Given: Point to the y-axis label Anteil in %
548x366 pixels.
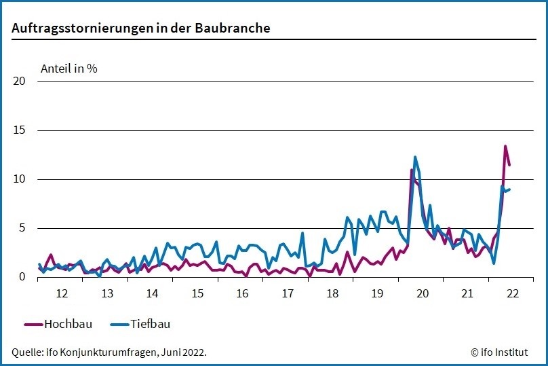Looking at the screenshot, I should coord(69,69).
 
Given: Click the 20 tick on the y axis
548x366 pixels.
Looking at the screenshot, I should coord(19,81).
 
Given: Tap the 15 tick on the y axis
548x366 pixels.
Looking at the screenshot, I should coord(19,130).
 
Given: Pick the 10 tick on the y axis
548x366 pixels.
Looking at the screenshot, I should coord(19,179).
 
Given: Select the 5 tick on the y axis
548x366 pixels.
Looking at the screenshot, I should coord(22,228).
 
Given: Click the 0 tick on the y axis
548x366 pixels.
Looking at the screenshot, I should coord(22,277).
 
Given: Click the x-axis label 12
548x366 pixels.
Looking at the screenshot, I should coord(62,294).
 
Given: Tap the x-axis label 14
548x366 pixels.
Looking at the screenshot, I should coord(152,294).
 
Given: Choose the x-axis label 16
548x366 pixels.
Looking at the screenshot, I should coord(242,294).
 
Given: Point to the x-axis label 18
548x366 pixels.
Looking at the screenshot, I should coord(332,294).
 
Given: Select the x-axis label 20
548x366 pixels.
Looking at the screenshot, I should coord(423,294).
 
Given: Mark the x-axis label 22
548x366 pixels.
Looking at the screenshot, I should coord(512,294).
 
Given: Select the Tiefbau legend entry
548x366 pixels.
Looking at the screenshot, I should coord(140,324).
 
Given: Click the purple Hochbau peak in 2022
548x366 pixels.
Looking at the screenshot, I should coord(505,146).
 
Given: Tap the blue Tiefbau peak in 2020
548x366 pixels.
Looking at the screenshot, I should coord(415,157).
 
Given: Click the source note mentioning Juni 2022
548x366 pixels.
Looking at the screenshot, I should coord(109,352).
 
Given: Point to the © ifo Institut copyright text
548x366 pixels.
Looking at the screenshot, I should coord(501,352).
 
